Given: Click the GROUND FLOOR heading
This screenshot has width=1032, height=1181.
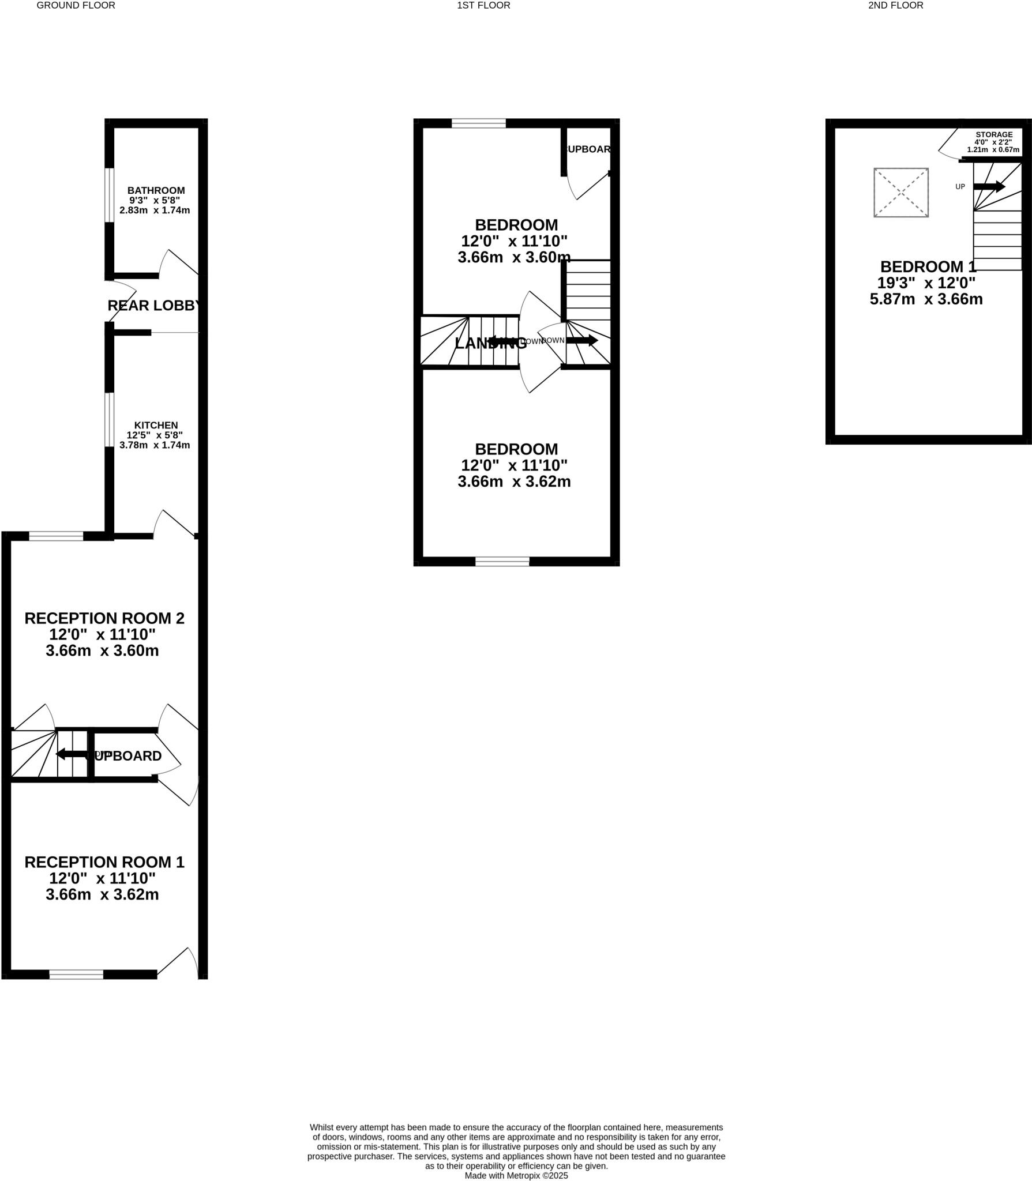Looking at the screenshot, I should pos(76,5).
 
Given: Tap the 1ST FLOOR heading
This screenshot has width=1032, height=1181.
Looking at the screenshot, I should pos(483,5).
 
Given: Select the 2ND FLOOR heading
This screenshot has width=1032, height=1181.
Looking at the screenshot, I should pos(895,5).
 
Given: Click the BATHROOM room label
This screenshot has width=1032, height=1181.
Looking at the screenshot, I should pos(156,190).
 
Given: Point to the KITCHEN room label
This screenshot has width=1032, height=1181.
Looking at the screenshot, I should pos(156,425).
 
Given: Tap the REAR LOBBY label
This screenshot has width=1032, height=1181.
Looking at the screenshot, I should pos(155,306).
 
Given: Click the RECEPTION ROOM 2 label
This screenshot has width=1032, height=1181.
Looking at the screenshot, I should pos(104,618).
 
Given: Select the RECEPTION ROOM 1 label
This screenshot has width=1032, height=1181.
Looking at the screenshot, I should pos(104,862).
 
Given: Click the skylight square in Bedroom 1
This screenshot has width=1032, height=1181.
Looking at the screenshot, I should pos(900,193).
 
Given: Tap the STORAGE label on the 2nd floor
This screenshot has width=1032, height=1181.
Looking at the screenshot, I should pos(994,135).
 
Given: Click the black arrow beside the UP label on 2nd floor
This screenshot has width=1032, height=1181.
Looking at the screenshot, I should pos(989,186).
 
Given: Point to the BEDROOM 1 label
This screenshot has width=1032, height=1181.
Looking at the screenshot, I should pos(928,267).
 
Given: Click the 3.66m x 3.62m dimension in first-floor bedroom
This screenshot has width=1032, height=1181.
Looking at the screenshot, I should pos(514,482).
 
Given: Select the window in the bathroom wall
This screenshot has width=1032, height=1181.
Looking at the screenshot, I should pos(108,194).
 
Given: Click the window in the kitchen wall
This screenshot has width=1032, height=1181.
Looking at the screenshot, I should pos(108,420).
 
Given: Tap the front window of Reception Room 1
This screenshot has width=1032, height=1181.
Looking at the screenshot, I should pos(76,975).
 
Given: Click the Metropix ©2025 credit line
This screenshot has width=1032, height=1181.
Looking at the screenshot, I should pos(516,1175).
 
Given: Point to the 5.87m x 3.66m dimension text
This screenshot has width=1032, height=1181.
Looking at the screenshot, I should pos(926,299).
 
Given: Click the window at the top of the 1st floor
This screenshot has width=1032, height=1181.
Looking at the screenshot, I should pos(478,123).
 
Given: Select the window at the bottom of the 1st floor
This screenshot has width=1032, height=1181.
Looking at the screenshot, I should pos(502,561).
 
